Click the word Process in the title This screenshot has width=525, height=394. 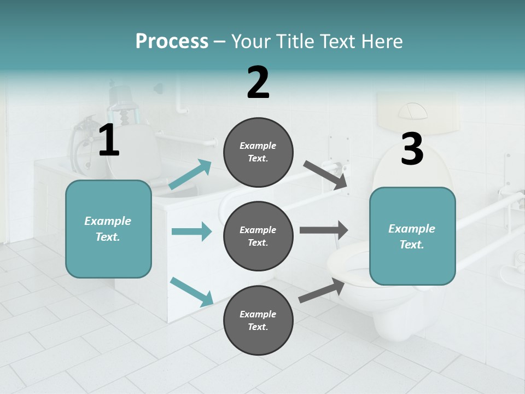tap(172, 41)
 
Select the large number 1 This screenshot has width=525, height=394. tap(109, 141)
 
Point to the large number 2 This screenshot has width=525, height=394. tap(258, 83)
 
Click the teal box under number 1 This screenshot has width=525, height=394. tap(108, 229)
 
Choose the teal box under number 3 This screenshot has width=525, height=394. tap(412, 236)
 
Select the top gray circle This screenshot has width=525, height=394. tap(258, 152)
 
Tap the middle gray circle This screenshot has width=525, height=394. tap(258, 236)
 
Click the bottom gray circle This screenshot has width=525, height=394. tap(258, 321)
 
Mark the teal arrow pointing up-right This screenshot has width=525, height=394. tap(190, 175)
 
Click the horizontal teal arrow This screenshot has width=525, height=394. tap(191, 231)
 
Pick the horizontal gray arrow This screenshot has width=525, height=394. tap(324, 230)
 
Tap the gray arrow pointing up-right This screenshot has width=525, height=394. tap(322, 290)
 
